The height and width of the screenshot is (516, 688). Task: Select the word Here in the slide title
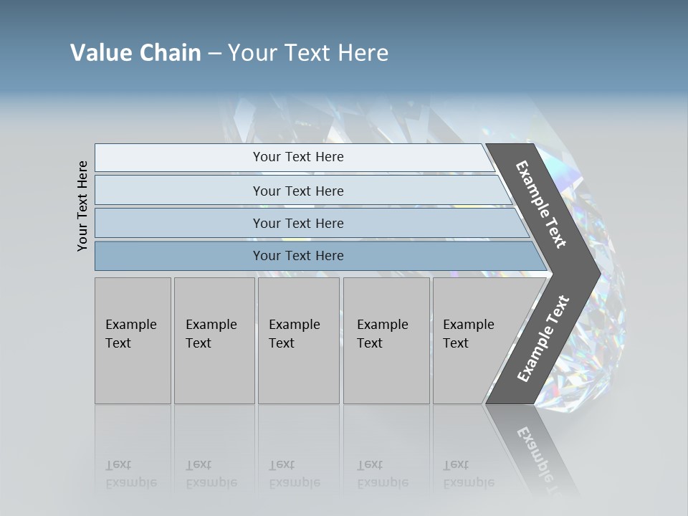(363, 53)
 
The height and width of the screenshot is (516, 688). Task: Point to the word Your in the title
(252, 53)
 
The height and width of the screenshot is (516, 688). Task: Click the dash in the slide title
(214, 54)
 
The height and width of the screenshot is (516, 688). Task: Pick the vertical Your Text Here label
(82, 206)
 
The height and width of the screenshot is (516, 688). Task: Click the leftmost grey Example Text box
(133, 340)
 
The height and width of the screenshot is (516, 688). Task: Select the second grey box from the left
(214, 340)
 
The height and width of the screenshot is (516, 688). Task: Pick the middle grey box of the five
(298, 340)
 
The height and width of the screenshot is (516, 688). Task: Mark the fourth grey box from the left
(386, 340)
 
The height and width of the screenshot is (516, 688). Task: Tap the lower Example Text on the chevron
(543, 339)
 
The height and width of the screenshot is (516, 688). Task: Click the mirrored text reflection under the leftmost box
(131, 474)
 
